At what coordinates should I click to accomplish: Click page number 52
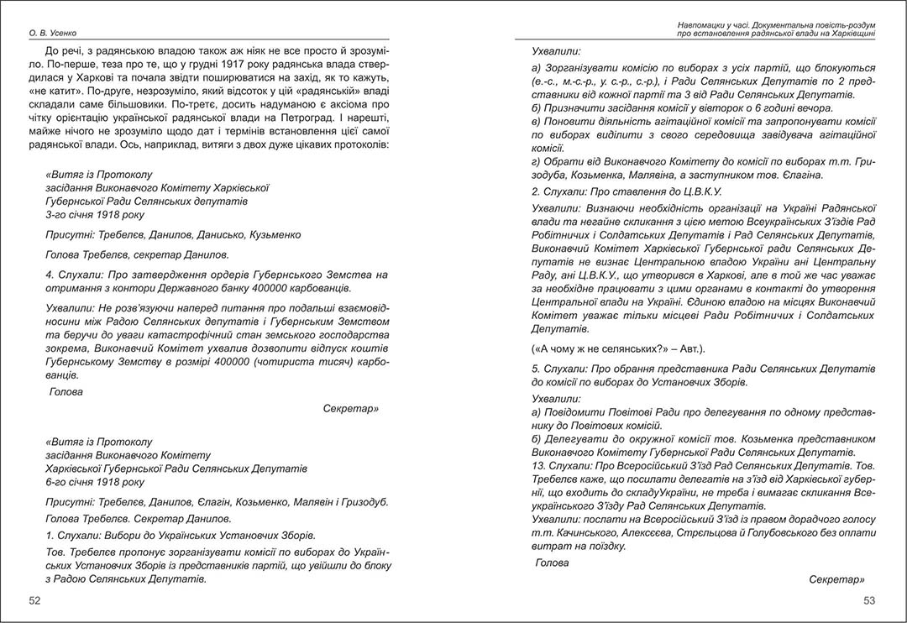click(x=34, y=600)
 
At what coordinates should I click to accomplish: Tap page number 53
click(x=869, y=600)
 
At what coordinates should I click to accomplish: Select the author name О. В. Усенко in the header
click(x=53, y=34)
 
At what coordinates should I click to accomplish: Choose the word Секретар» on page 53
click(x=837, y=579)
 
